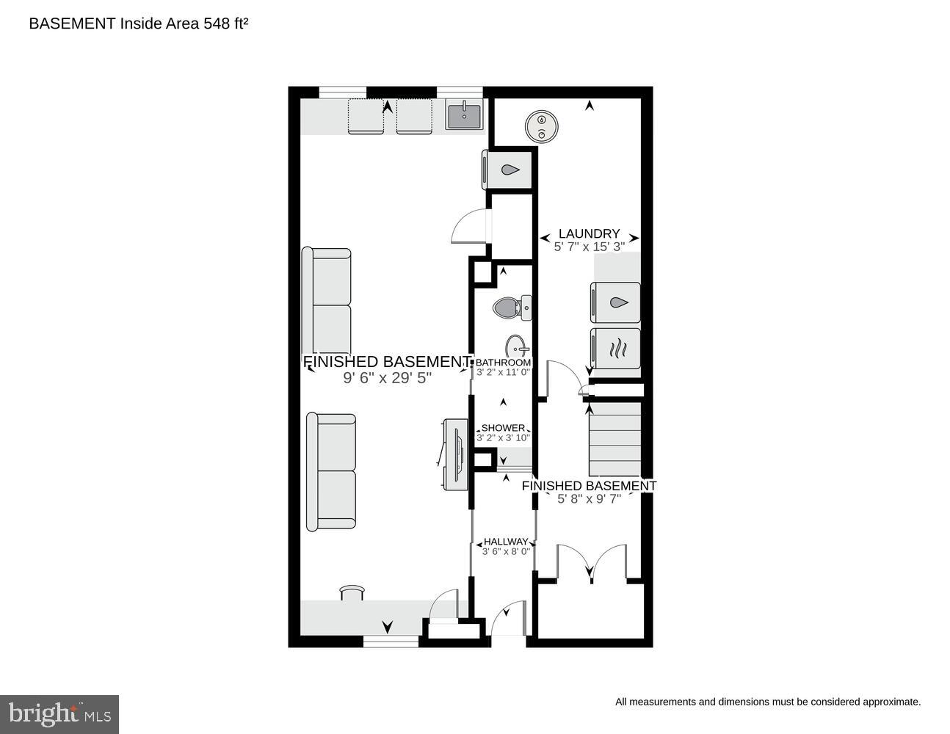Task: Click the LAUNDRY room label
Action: coord(589,233)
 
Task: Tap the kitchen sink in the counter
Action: coord(464,117)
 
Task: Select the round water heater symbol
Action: coord(542,126)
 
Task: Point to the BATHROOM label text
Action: coord(503,363)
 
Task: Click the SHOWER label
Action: coord(503,428)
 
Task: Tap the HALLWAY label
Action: coord(505,542)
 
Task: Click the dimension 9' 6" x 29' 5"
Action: coord(387,378)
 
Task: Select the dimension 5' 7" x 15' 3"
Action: coord(589,247)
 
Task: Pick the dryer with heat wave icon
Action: coord(615,348)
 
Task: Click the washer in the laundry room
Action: coord(615,302)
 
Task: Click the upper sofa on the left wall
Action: coord(327,301)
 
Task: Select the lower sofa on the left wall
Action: coord(331,471)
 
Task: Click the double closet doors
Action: coord(591,564)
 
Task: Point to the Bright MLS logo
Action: coord(60,713)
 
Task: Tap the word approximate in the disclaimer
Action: coord(890,702)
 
